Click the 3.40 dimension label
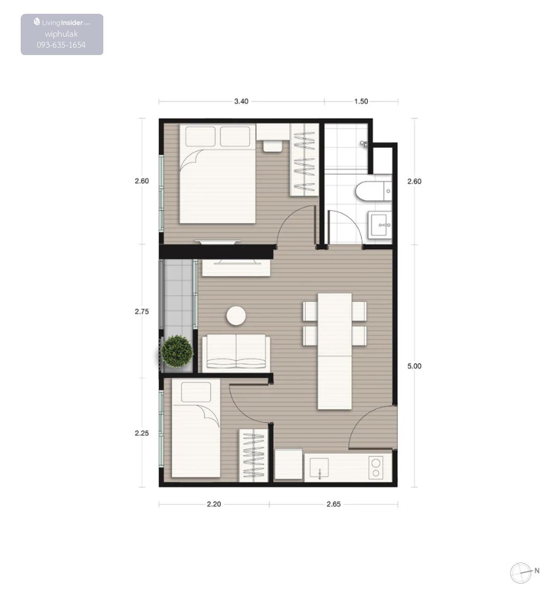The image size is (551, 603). pos(241,101)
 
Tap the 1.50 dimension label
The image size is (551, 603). pos(361,101)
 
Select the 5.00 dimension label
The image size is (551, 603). pos(414,366)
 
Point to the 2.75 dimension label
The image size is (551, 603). pos(142,312)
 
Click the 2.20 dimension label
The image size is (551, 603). pos(214,504)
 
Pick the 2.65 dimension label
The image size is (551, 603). pos(333,504)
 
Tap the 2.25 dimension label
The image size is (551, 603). pos(142,433)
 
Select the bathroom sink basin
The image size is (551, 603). pos(380,224)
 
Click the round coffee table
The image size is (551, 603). pos(236,316)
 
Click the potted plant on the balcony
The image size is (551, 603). pos(177,351)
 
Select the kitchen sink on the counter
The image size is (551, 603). pos(319,468)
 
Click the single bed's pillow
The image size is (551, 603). pos(196,392)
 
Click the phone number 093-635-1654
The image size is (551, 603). pos(61,45)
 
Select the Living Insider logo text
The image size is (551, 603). pos(62,22)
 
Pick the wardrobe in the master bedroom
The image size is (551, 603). pos(304,160)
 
